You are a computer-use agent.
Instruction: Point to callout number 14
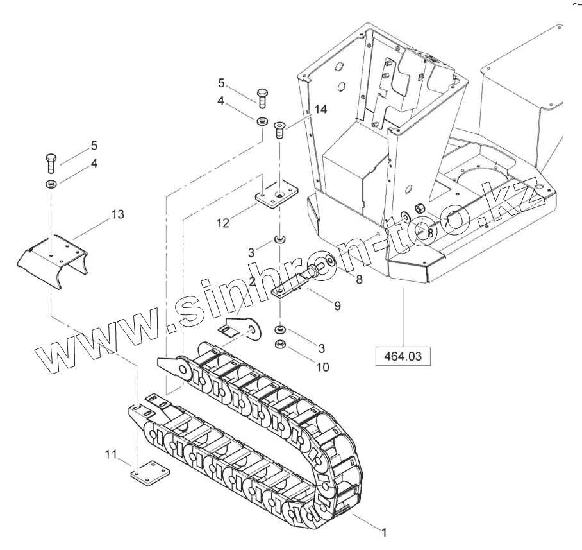320,110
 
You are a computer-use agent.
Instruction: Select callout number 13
117,214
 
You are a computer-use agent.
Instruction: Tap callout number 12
222,223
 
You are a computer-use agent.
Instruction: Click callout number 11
111,455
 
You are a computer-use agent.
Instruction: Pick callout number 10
322,367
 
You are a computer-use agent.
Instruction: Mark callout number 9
337,307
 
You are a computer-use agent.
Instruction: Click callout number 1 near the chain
384,532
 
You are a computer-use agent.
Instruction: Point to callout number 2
253,281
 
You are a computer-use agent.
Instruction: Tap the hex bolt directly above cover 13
52,163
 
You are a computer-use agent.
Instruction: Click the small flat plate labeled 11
151,472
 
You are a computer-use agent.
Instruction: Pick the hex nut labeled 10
280,345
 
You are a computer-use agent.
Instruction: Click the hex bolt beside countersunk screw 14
262,98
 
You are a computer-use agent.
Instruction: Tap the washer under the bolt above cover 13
52,185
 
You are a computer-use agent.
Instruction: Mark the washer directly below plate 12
280,239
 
